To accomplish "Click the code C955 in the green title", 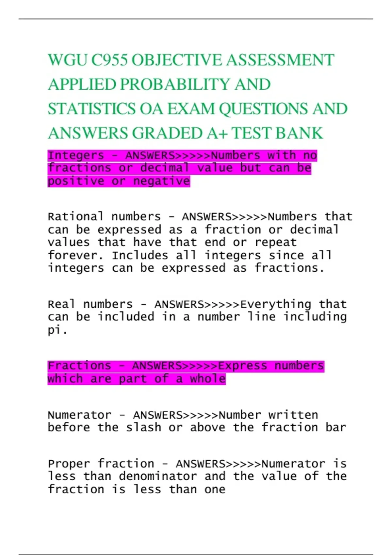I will (109, 60).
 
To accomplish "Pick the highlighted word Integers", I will (76, 156).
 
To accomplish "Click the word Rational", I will (76, 217).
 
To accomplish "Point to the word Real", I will (61, 304).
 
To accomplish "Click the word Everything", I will (275, 304).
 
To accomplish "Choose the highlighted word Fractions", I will (79, 366).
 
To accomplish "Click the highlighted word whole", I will (208, 379).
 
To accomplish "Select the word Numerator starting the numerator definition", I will (79, 415).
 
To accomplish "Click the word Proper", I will (69, 464).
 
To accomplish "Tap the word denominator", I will (158, 476).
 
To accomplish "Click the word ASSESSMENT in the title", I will (280, 60).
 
